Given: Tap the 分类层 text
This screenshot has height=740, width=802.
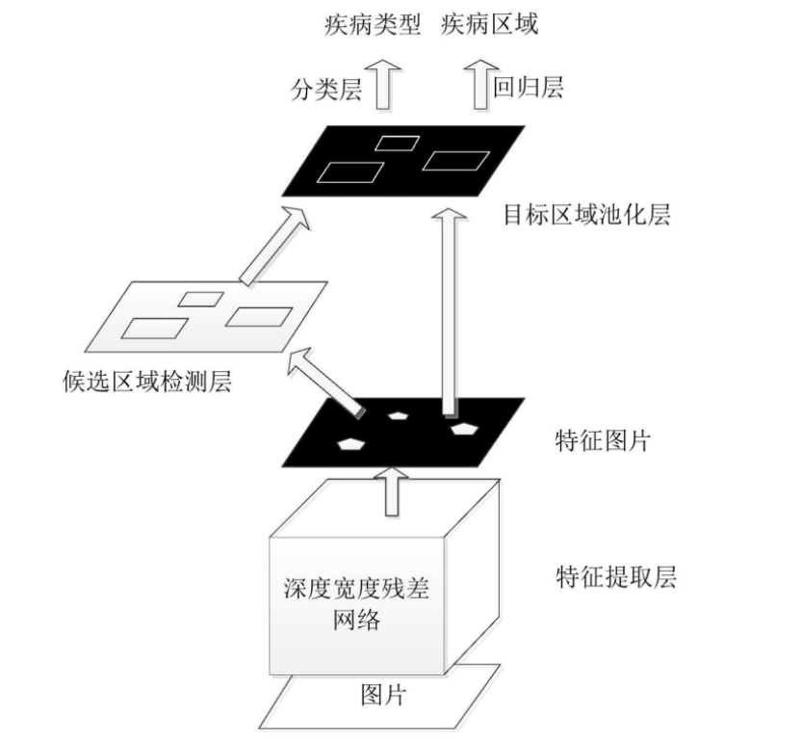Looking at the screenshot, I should click(325, 89).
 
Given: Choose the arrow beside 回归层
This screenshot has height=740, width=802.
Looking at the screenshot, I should click(479, 85).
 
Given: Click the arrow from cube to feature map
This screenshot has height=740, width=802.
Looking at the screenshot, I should click(391, 490).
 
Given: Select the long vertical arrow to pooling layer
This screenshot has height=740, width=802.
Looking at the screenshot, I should click(449, 308).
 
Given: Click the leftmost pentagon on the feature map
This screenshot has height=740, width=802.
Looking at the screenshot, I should click(351, 443).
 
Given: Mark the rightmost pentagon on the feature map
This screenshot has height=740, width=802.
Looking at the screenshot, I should click(465, 427).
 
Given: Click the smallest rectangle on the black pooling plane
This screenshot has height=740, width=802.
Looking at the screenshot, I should click(396, 144).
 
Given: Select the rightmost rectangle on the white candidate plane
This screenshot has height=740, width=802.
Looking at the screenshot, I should click(257, 315).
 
